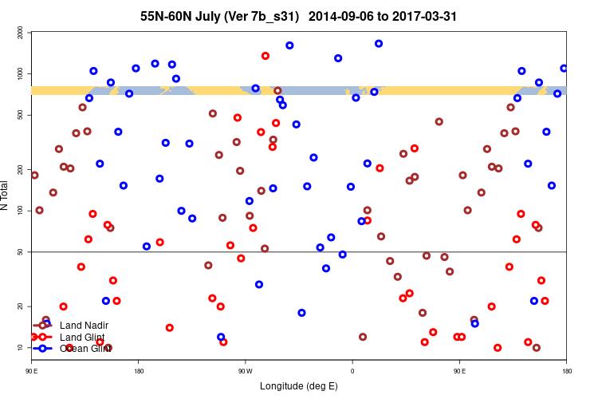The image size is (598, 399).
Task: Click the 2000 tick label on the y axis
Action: [21, 32]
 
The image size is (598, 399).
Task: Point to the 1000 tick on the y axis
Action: [21, 73]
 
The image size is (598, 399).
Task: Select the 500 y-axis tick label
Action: [21, 115]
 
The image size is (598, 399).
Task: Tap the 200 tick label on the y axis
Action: [21, 169]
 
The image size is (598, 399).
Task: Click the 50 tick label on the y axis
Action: [21, 252]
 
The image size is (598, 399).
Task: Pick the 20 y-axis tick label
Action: [21, 306]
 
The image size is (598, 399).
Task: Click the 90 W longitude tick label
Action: [245, 371]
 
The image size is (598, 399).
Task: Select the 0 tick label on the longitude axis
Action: [352, 371]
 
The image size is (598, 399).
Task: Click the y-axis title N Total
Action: [7, 196]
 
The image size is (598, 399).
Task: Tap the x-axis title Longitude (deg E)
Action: [299, 386]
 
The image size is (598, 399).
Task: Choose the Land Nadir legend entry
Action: [84, 325]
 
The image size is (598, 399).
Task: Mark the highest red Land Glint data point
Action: [266, 56]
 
